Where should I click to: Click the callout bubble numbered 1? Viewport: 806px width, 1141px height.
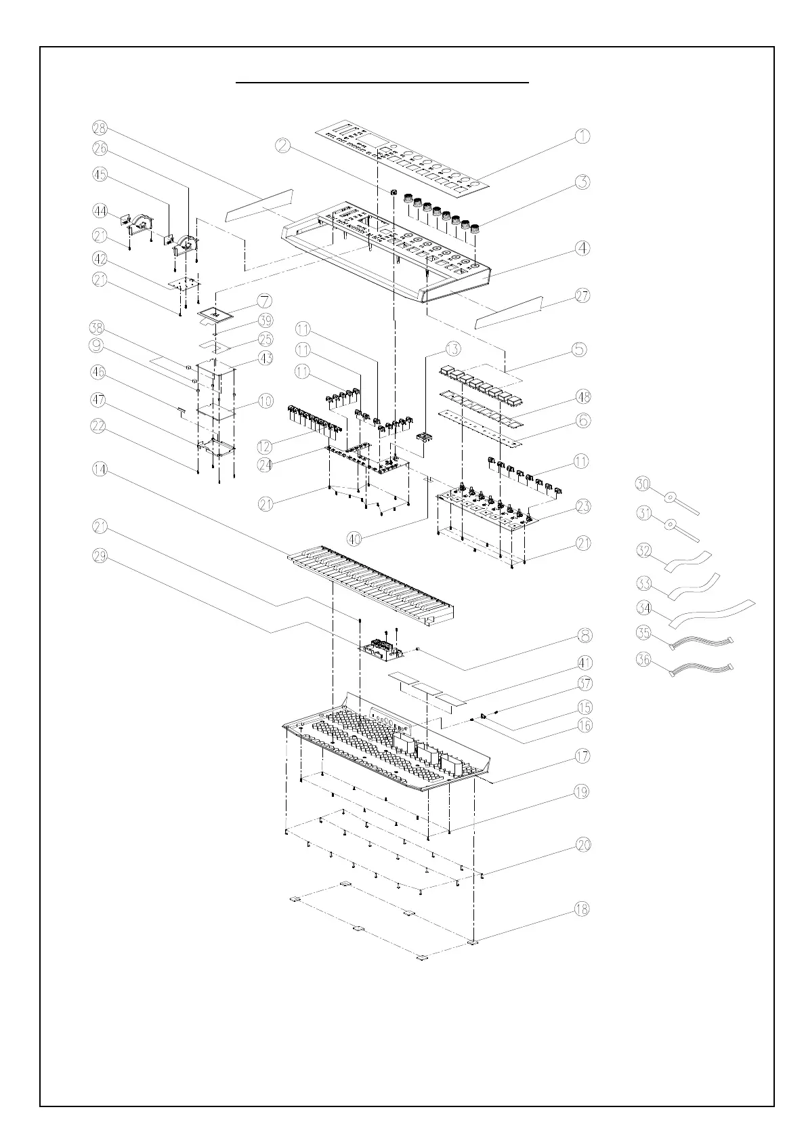coord(582,136)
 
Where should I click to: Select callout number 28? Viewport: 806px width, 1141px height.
coord(100,128)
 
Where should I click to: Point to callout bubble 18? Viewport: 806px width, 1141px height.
coord(582,909)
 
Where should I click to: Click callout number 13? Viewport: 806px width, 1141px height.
coord(452,349)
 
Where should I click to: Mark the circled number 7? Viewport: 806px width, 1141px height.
coord(265,300)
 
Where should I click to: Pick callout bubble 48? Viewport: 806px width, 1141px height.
coord(582,396)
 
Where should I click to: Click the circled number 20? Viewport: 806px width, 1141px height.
coord(582,845)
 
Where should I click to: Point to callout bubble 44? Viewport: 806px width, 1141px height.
coord(100,211)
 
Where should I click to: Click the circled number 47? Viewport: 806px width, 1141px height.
coord(100,400)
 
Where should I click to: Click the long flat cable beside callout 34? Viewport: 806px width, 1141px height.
coord(711,612)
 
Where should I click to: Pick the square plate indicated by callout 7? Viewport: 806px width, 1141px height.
coord(217,314)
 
